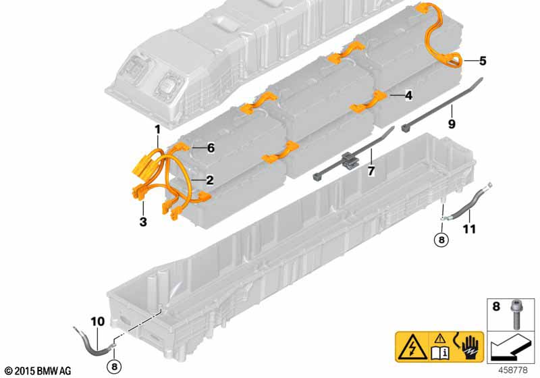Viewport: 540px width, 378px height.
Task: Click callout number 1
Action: tap(157, 130)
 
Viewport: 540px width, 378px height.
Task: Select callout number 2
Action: tap(210, 180)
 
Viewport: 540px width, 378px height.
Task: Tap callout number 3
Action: tap(143, 221)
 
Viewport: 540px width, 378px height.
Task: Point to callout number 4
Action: tap(408, 95)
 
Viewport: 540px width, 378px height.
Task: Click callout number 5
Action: tap(483, 61)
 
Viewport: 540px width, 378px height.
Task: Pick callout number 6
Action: tap(211, 148)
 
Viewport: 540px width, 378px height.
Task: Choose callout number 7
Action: tap(371, 171)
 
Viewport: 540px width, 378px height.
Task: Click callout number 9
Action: tap(452, 124)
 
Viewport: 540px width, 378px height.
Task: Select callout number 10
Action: tap(97, 321)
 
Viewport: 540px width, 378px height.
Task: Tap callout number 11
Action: tap(469, 229)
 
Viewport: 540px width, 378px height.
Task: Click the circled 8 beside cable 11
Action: tap(441, 239)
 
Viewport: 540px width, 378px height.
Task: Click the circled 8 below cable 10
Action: tap(114, 367)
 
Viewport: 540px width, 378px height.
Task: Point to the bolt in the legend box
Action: tap(515, 314)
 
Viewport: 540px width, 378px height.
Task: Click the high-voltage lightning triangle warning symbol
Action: tap(412, 347)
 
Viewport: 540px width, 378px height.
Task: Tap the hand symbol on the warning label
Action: tap(470, 346)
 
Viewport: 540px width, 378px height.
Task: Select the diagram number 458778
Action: tap(513, 370)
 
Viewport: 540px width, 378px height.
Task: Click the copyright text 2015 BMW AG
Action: tap(38, 371)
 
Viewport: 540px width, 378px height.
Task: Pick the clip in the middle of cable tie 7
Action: tap(348, 160)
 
